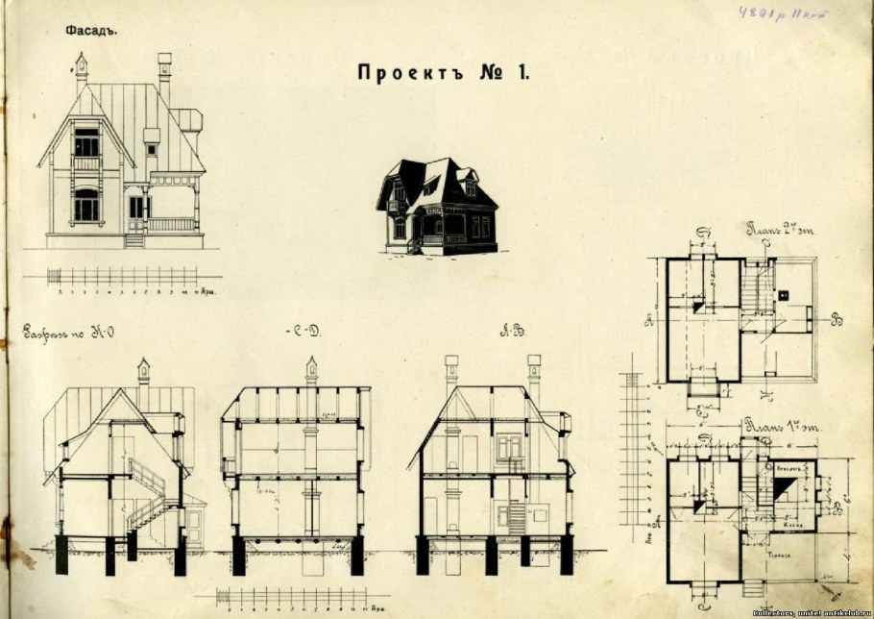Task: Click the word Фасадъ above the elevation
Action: coord(90,30)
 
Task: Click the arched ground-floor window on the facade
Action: coord(86,204)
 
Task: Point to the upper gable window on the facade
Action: coord(86,143)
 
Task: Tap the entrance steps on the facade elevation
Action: coord(134,239)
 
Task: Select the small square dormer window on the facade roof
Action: coord(152,149)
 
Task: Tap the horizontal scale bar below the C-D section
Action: coord(293,597)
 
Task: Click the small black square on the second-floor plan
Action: coord(784,294)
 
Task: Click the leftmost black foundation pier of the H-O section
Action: coord(61,555)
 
